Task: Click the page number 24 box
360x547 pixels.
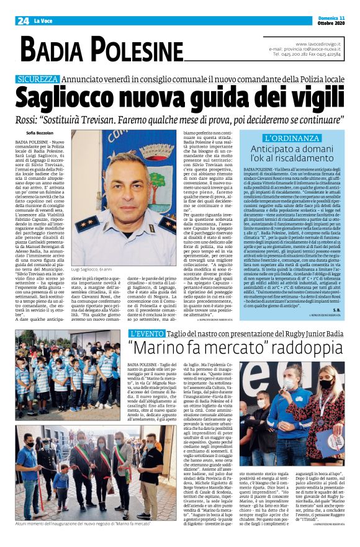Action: tap(23, 20)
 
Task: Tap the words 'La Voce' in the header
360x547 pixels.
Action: tap(43, 21)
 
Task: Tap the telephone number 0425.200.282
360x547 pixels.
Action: tap(289, 55)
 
